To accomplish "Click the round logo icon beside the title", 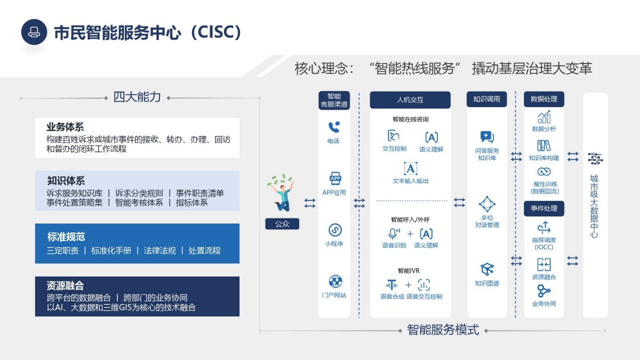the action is click(34, 32).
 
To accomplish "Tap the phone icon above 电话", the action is click(333, 127).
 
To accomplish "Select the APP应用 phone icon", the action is click(335, 178).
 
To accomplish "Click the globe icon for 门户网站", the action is click(335, 281).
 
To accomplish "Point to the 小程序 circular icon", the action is click(335, 230).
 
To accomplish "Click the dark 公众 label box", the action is click(282, 224).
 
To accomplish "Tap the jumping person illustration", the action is click(281, 193).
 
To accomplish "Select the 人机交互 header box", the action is click(410, 99).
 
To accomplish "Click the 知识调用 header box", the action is click(486, 99).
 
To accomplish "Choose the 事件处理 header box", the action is click(544, 208).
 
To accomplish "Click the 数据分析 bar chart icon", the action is click(544, 117).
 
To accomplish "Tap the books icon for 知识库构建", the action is click(543, 145).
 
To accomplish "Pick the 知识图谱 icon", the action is click(487, 269).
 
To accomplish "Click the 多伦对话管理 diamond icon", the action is click(487, 204).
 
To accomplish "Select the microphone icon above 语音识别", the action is click(393, 233).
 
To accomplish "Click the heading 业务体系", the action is click(65, 127).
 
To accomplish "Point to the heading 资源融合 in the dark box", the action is click(65, 285).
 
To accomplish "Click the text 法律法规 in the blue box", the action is click(159, 250).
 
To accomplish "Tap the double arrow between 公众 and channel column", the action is click(309, 203).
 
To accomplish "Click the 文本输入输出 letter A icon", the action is click(410, 168).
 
